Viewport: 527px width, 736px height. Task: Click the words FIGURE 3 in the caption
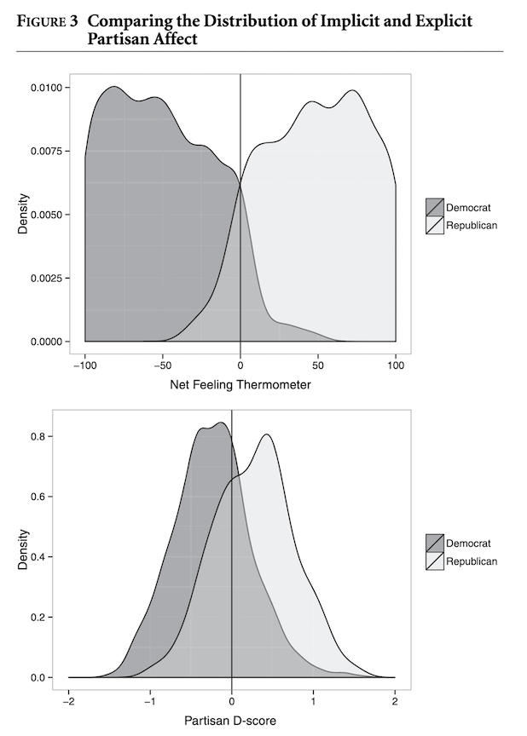pyautogui.click(x=43, y=20)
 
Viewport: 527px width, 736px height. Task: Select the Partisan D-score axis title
pyautogui.click(x=230, y=722)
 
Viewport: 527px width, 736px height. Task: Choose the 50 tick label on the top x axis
pyautogui.click(x=318, y=365)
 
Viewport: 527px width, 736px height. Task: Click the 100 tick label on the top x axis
pyautogui.click(x=396, y=365)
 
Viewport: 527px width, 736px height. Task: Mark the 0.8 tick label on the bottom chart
pyautogui.click(x=38, y=436)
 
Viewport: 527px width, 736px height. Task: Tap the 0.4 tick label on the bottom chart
pyautogui.click(x=38, y=557)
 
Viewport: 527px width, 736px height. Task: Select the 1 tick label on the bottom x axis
pyautogui.click(x=313, y=700)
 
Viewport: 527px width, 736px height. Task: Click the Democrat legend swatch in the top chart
pyautogui.click(x=434, y=207)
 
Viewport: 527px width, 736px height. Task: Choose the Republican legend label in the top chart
pyautogui.click(x=472, y=226)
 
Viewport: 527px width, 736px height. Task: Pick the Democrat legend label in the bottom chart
pyautogui.click(x=468, y=543)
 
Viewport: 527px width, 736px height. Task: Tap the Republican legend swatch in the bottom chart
pyautogui.click(x=434, y=561)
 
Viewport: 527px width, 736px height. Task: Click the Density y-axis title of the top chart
pyautogui.click(x=25, y=214)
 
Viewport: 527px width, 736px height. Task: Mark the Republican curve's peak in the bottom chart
pyautogui.click(x=267, y=434)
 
